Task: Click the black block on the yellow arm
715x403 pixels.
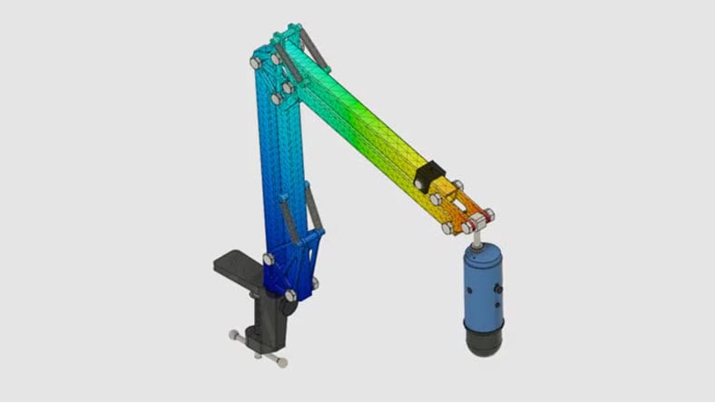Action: coord(428,176)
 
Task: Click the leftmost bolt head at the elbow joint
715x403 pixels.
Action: coord(255,63)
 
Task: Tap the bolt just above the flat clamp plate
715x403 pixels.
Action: coord(269,260)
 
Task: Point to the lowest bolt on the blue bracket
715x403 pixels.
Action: coord(289,296)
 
